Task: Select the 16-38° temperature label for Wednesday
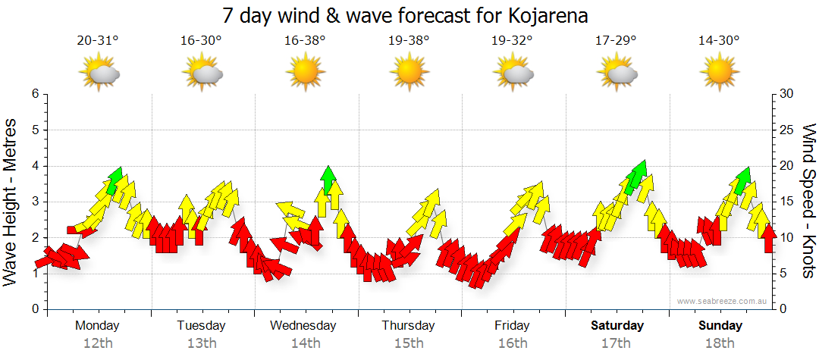[x=305, y=41]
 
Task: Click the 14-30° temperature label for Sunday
[x=719, y=41]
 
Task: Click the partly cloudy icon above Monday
[x=99, y=74]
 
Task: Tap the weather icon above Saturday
[x=617, y=74]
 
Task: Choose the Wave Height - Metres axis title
[x=12, y=202]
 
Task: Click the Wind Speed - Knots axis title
[x=808, y=202]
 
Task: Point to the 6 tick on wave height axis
[x=34, y=94]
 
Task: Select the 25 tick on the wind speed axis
[x=786, y=130]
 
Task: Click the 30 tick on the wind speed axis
[x=786, y=94]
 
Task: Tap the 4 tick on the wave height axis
[x=34, y=166]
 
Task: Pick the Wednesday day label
[x=303, y=326]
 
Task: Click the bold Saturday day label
[x=617, y=326]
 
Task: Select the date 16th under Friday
[x=513, y=343]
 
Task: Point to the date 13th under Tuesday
[x=201, y=343]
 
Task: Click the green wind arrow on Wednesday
[x=328, y=179]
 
